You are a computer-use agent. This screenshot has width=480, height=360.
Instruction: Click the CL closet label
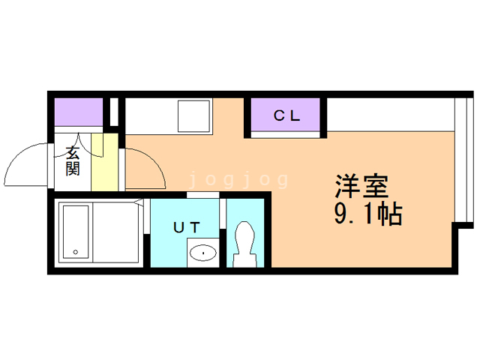[x=286, y=115]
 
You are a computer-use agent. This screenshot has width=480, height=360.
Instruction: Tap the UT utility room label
[x=187, y=227]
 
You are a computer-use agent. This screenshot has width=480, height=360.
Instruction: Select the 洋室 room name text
[x=361, y=186]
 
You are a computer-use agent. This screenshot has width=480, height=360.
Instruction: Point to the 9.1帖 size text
[x=368, y=214]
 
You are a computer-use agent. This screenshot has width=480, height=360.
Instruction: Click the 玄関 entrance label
[x=73, y=161]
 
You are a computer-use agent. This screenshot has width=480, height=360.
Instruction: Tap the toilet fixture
[x=244, y=244]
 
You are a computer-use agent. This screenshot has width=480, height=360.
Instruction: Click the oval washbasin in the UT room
[x=203, y=253]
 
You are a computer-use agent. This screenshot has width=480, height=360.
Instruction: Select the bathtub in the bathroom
[x=76, y=232]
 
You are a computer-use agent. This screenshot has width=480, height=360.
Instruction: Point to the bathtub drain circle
[x=76, y=252]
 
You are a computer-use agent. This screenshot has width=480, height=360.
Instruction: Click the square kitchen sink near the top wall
[x=194, y=116]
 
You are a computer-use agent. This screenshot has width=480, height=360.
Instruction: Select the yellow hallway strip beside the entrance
[x=105, y=162]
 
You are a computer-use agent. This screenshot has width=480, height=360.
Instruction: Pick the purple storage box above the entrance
[x=79, y=112]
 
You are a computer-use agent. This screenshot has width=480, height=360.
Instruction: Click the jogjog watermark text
[x=238, y=180]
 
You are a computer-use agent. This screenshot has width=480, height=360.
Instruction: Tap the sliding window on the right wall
[x=464, y=160]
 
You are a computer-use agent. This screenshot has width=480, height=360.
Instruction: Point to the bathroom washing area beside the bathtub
[x=115, y=232]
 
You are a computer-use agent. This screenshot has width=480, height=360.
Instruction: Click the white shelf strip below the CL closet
[x=285, y=135]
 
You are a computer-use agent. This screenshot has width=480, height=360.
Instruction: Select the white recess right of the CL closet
[x=391, y=115]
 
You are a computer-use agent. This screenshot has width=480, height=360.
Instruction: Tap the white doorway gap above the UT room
[x=203, y=195]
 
